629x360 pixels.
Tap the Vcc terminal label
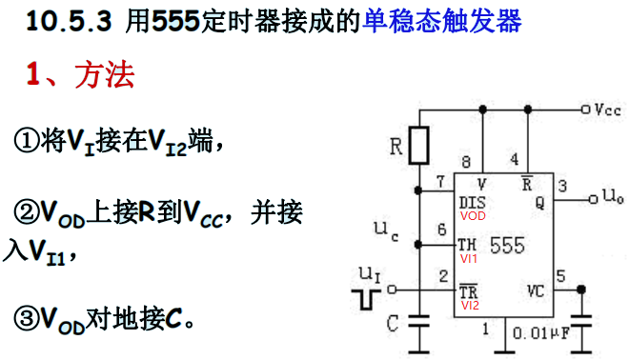607,110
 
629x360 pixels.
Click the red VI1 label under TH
469,258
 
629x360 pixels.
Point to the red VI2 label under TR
469,306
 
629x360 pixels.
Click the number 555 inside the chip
506,246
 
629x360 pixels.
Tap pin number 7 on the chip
440,182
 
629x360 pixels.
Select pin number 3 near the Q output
562,185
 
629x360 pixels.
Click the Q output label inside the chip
539,202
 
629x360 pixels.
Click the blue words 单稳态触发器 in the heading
441,22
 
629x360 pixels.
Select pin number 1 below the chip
485,330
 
